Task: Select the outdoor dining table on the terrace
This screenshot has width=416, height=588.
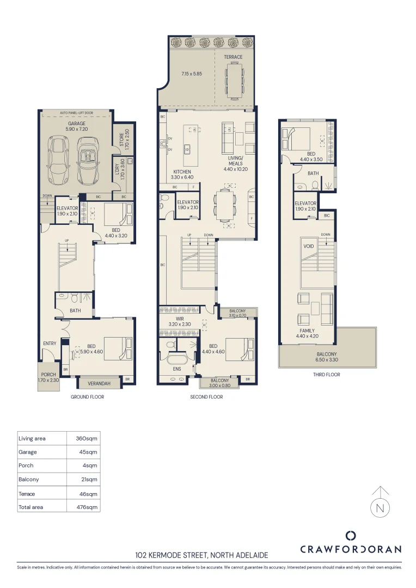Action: coord(235,82)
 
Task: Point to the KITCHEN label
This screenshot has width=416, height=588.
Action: coord(182,171)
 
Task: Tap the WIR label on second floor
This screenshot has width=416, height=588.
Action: coord(179,319)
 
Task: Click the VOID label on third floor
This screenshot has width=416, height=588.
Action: coord(308,246)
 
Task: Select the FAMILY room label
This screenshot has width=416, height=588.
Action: coord(307,330)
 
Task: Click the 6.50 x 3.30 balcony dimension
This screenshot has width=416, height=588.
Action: coord(327,360)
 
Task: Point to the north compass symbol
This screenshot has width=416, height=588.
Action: coord(380,509)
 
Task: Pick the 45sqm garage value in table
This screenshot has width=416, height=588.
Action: coord(90,452)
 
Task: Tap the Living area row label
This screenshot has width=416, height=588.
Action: coord(32,438)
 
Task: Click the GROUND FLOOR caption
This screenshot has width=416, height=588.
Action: coord(87,397)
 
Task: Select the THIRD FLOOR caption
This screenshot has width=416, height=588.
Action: coord(326,375)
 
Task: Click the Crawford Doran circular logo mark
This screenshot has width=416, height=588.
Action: coord(351,536)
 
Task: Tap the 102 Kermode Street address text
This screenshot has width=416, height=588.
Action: coord(201,556)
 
